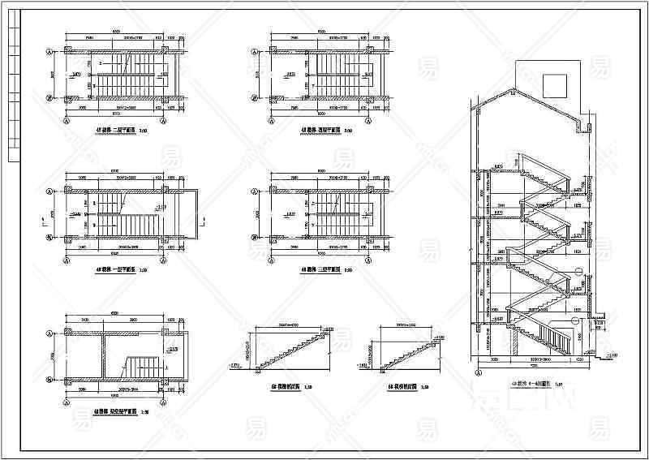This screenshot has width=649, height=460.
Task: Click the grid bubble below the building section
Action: tap(479, 372)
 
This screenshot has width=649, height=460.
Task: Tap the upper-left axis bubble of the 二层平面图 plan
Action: tap(50, 51)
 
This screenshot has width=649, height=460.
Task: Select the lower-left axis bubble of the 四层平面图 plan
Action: tap(255, 99)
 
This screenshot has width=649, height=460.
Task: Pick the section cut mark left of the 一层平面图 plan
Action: tap(41, 220)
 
